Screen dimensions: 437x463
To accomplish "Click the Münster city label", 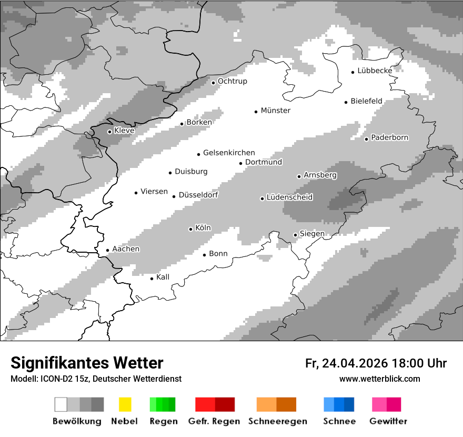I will coord(276,111).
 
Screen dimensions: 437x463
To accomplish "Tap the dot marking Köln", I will coord(190,229).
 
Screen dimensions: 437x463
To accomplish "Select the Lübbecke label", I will coord(375,71).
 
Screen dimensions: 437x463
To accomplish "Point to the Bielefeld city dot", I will coord(346,102).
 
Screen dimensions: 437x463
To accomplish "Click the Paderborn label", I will coord(390,137).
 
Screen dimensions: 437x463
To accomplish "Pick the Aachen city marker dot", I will coord(108,251).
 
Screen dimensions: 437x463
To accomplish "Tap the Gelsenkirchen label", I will coord(229,153).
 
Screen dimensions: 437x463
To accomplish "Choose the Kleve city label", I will coord(124,131).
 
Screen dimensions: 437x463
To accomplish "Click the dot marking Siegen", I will coord(296,235).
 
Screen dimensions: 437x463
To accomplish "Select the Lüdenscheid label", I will coord(289,197).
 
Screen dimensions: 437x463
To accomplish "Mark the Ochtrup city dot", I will coord(213,82).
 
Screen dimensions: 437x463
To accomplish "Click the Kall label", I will coord(163,277).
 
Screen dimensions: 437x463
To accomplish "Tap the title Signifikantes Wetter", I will coord(87,363).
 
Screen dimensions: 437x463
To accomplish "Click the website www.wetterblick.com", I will coord(379,379).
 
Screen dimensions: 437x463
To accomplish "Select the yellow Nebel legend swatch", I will coord(125,404).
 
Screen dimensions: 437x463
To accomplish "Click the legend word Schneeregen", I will coord(278,421).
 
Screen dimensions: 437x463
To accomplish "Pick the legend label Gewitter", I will coord(388,421).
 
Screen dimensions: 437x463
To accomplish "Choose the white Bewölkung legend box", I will coord(61,404).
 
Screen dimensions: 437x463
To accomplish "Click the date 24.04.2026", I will coord(355,363).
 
